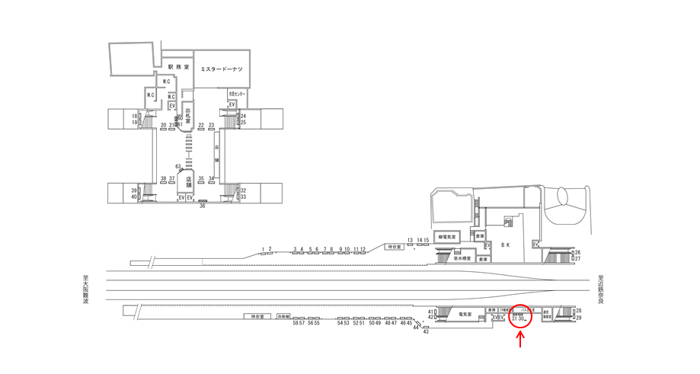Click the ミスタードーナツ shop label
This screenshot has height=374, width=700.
221,69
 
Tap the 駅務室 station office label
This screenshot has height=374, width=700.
178,67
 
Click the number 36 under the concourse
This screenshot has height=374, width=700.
203,206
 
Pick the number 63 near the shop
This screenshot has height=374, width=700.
177,165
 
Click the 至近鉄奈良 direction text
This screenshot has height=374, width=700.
601,289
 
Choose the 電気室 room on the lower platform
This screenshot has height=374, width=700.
463,313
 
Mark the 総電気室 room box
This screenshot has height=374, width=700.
447,237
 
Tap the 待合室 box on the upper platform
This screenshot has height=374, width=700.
394,247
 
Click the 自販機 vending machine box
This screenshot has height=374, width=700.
285,315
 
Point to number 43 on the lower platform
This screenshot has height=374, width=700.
426,332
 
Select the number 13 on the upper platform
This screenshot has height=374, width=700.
410,240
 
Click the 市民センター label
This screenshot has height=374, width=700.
237,94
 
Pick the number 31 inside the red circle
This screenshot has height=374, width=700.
515,318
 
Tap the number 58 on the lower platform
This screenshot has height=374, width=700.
295,323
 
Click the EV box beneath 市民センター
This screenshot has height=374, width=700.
231,104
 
